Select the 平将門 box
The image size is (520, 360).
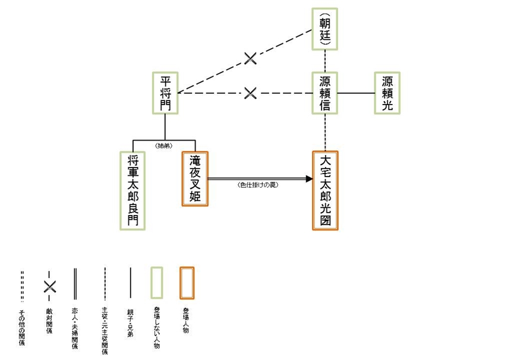coord(165,93)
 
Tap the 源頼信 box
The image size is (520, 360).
coord(325,93)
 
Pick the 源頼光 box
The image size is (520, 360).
coord(387,93)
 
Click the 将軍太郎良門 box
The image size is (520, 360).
coord(133,190)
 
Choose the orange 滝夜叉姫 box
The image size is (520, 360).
coord(195,179)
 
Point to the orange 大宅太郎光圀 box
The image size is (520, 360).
coord(325,190)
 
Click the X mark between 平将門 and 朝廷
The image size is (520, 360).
coord(251,58)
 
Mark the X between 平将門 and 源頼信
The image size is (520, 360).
coord(250,93)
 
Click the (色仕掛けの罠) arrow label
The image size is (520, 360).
coord(258,185)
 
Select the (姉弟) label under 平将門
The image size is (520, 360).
coord(164,146)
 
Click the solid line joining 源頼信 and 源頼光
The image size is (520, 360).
coord(356,93)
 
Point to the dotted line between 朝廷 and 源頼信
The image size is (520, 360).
coord(326,61)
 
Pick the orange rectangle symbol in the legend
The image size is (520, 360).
coord(187,283)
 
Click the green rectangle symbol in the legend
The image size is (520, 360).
coord(156,283)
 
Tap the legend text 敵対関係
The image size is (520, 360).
coord(49,321)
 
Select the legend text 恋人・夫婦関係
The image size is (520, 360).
coord(75,327)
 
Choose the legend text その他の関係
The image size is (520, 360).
coord(22,327)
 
